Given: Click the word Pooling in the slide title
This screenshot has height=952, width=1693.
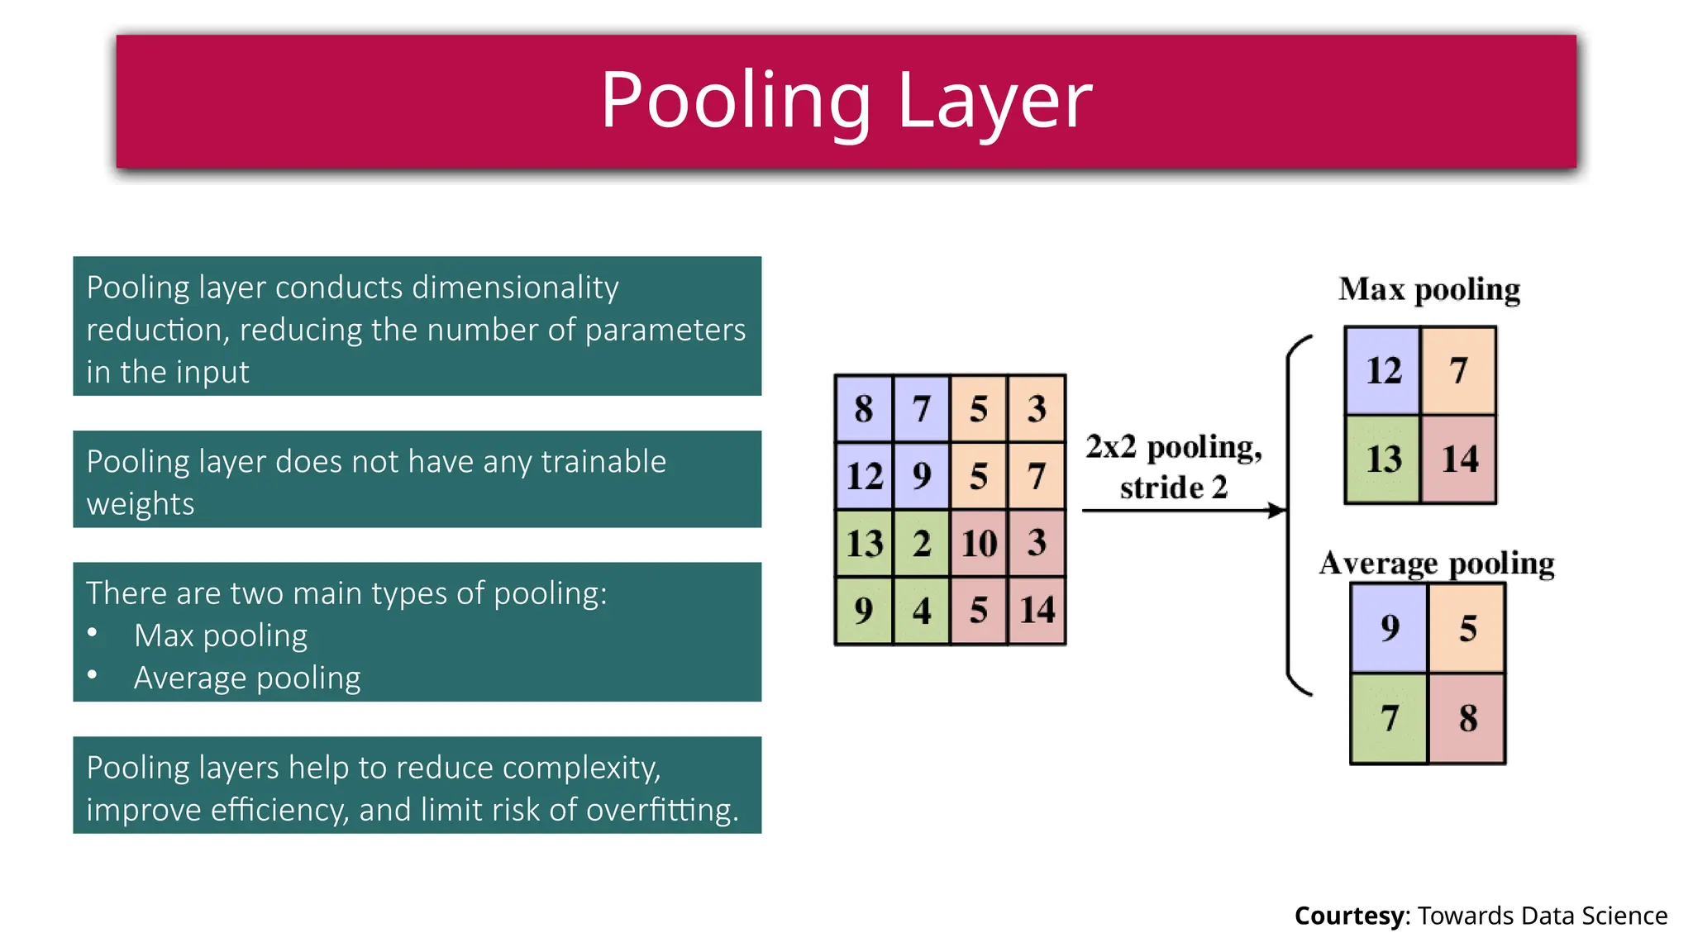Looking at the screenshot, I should click(735, 101).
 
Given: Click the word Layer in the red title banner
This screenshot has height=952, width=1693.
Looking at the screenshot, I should click(994, 101).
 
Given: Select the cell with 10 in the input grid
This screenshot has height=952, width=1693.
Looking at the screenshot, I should click(979, 543).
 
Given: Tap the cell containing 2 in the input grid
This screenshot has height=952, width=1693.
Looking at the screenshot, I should click(921, 543).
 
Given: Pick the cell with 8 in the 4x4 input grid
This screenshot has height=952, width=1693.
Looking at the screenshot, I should click(864, 408).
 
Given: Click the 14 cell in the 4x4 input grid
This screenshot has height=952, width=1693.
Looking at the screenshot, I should click(1037, 610).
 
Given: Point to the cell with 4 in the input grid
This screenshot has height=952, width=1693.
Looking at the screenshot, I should click(921, 611).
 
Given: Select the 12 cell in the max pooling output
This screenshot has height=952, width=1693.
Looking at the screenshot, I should click(1383, 370).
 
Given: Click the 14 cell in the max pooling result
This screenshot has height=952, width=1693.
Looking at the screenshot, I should click(1459, 459).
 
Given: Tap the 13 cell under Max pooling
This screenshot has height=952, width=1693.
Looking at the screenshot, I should click(1383, 459).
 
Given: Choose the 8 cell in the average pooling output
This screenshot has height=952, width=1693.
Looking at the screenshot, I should click(1467, 717).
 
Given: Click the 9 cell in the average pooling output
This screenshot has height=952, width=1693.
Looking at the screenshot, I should click(1390, 628).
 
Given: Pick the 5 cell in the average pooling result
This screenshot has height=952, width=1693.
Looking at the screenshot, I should click(1467, 628).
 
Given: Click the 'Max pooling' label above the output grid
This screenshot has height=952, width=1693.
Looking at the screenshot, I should click(1429, 289).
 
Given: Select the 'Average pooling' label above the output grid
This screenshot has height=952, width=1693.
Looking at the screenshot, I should click(1437, 563).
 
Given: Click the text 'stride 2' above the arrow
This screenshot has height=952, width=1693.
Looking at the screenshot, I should click(1173, 488).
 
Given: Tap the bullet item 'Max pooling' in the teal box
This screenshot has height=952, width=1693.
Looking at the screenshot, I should click(221, 635).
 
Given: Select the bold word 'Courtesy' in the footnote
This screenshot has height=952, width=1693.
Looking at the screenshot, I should click(1348, 916).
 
